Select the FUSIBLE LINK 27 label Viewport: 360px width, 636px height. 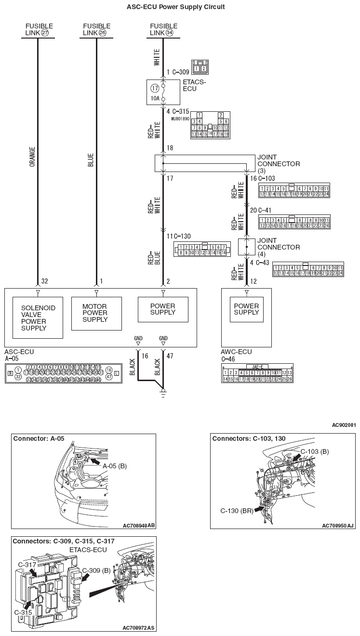[x=39, y=29]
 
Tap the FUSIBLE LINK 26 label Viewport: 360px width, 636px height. [x=96, y=29]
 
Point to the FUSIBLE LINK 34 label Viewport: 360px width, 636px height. [x=163, y=29]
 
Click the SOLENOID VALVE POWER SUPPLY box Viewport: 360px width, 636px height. [x=38, y=318]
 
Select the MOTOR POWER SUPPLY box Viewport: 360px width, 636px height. [x=96, y=313]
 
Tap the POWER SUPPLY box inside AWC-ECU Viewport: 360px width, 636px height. [x=246, y=309]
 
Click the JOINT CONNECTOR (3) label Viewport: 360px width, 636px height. [x=278, y=164]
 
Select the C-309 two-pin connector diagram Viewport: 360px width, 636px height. [x=200, y=67]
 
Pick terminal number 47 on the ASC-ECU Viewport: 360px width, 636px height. [x=169, y=357]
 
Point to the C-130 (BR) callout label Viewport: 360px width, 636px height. [x=236, y=510]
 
